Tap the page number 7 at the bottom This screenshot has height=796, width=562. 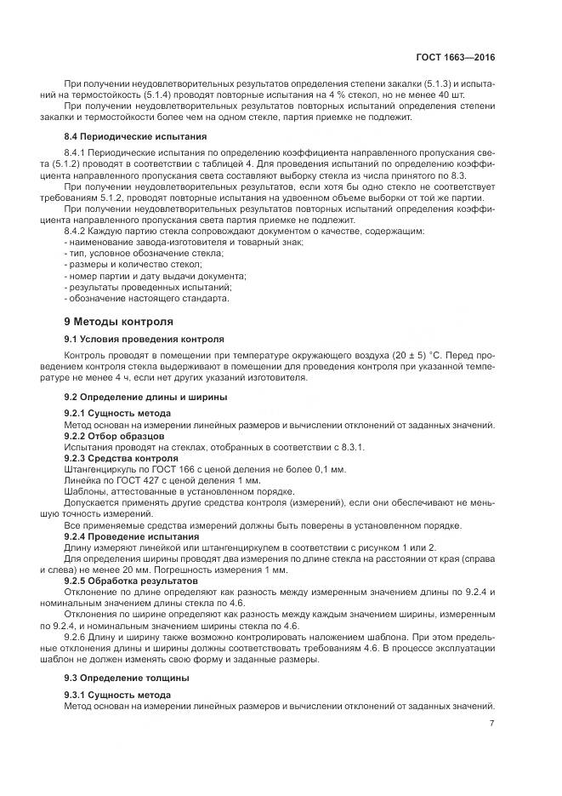492,724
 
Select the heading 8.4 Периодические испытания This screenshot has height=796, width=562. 135,136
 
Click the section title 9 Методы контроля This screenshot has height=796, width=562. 119,322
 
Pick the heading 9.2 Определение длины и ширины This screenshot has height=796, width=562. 146,397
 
